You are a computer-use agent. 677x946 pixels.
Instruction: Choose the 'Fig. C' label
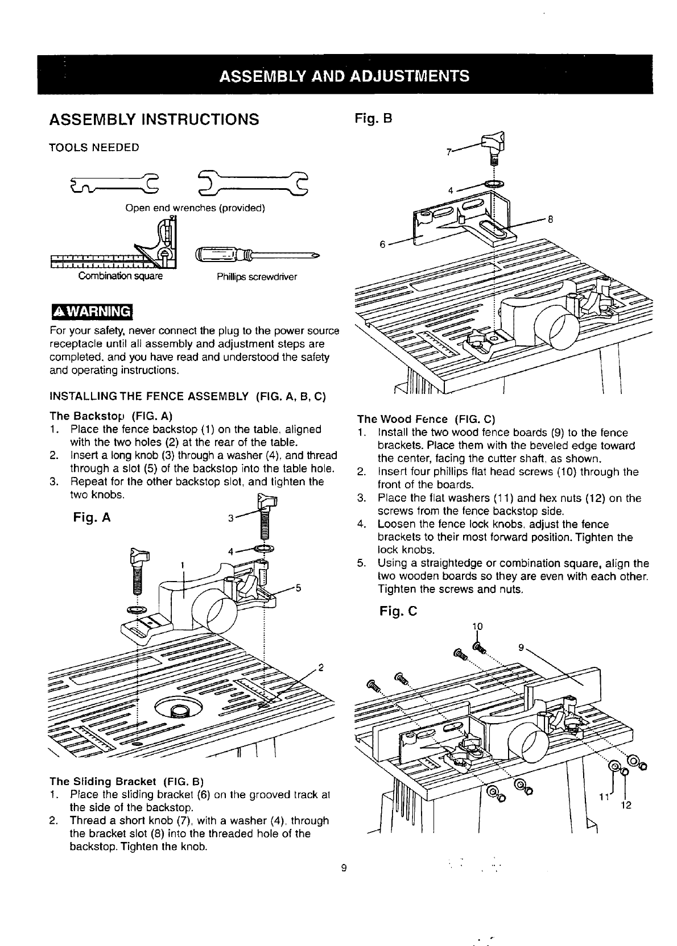coord(398,612)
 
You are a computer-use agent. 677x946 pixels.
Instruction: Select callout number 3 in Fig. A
coord(230,518)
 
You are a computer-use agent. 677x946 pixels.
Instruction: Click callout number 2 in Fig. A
coord(321,667)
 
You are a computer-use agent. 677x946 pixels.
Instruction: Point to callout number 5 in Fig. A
coord(298,588)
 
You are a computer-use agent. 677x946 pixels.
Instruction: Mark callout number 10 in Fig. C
coord(477,626)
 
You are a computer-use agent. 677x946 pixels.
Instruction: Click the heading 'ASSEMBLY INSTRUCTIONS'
coord(154,120)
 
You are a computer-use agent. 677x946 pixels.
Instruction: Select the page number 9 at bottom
coord(344,868)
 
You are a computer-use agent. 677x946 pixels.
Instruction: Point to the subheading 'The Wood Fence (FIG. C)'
coord(427,420)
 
